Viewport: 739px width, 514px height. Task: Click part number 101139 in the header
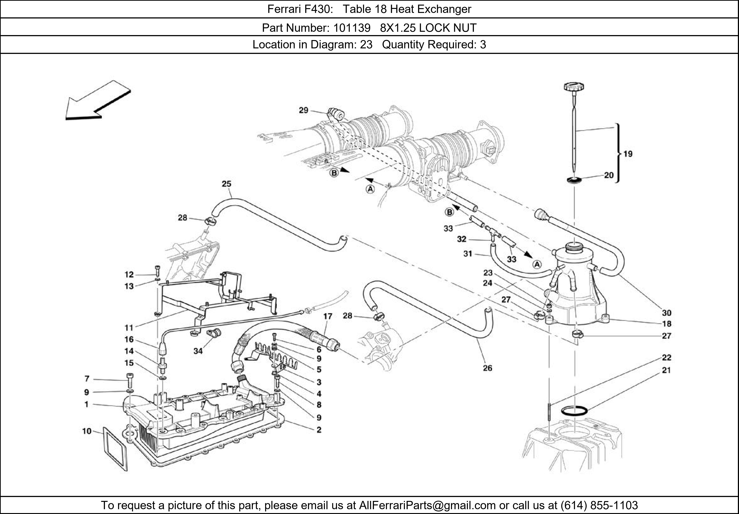[351, 28]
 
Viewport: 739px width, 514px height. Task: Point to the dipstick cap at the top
[574, 87]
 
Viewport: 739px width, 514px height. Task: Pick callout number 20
[609, 175]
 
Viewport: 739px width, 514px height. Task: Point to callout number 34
[198, 351]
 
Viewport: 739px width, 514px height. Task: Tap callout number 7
[87, 379]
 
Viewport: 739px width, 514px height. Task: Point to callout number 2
[319, 430]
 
